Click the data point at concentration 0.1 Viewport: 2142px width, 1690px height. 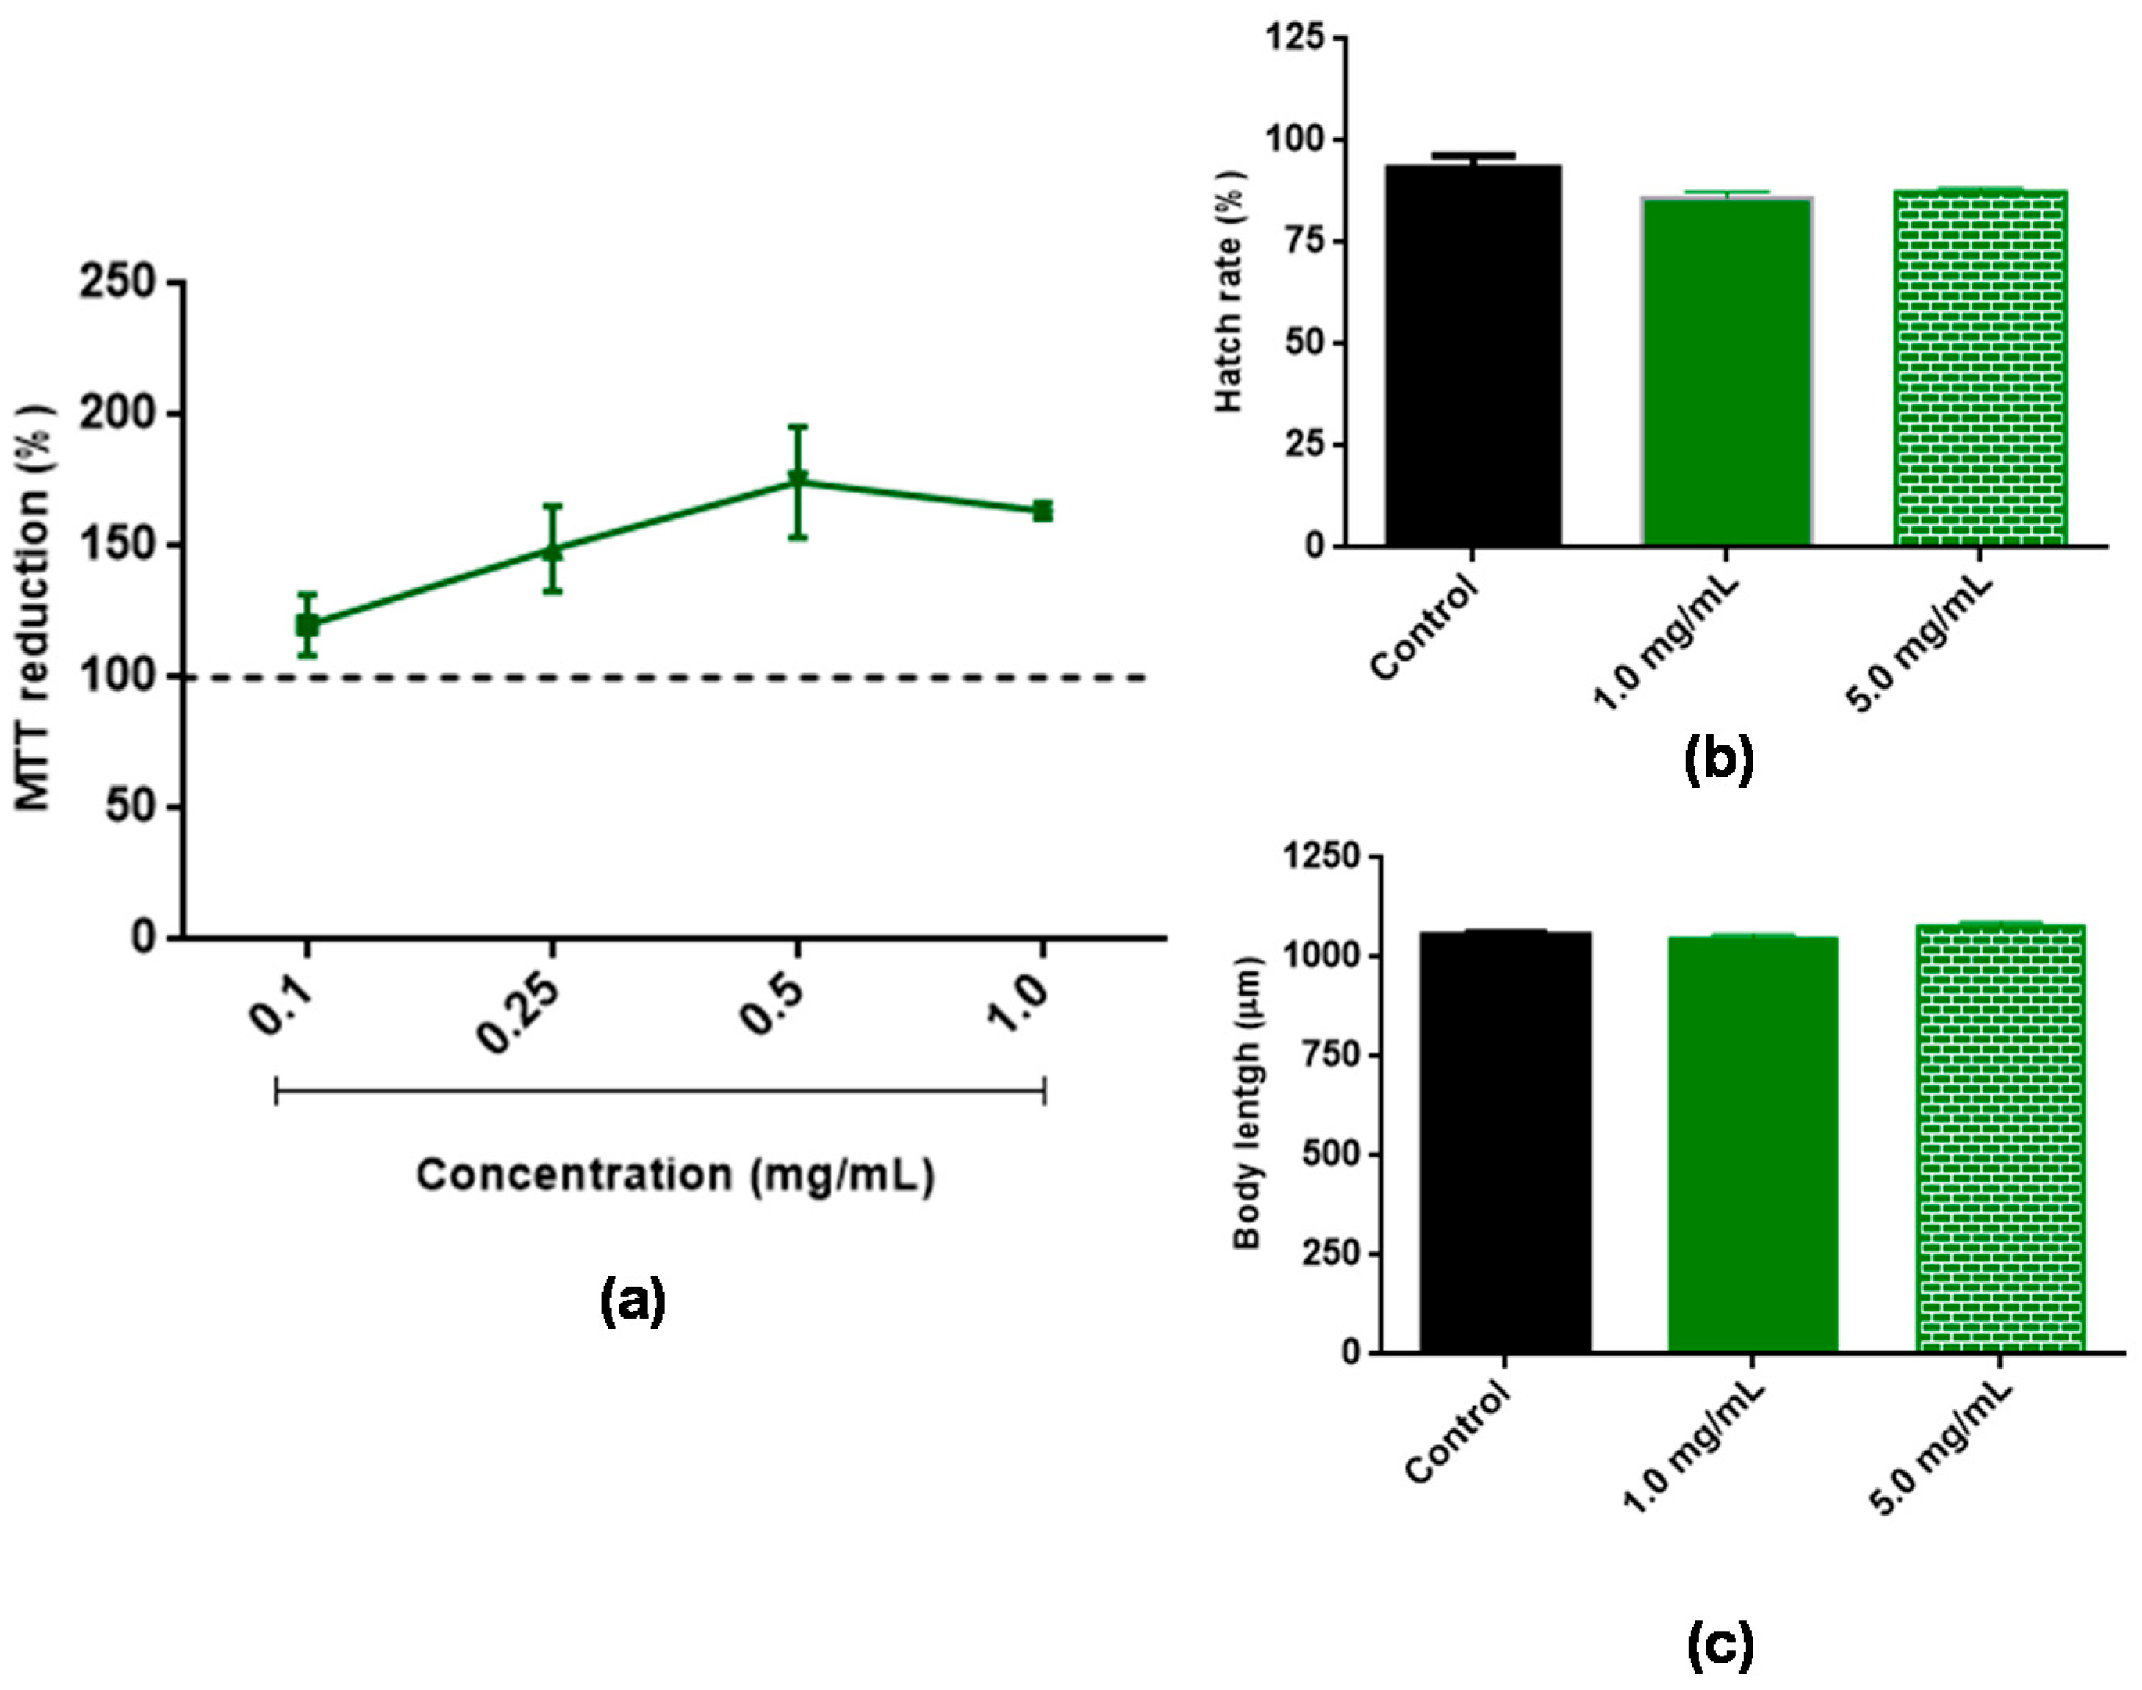pyautogui.click(x=307, y=626)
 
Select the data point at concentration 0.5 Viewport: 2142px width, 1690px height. pyautogui.click(x=798, y=482)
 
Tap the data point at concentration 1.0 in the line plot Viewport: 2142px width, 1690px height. pyautogui.click(x=1042, y=511)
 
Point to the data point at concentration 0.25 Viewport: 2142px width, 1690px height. pyautogui.click(x=553, y=550)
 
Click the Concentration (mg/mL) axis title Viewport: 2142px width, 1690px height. pyautogui.click(x=675, y=1175)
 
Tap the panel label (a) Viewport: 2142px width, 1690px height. pyautogui.click(x=633, y=1302)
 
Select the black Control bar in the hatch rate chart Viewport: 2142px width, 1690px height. pyautogui.click(x=1473, y=356)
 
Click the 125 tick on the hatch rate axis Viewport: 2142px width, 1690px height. pyautogui.click(x=1297, y=38)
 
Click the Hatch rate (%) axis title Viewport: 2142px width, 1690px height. pyautogui.click(x=1230, y=291)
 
